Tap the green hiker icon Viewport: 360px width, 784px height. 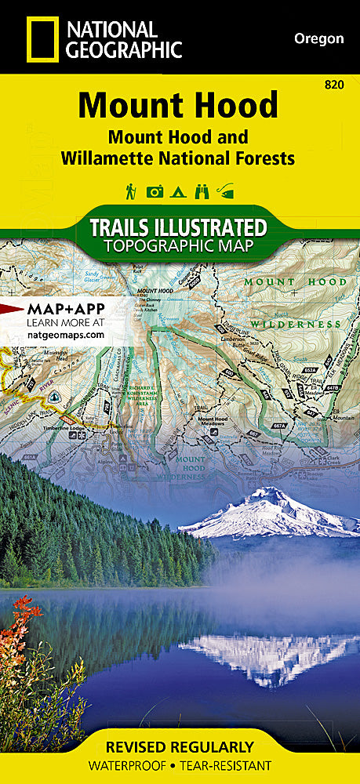pos(130,191)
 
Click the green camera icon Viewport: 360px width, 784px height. pos(155,191)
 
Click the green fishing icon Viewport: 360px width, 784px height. pos(227,191)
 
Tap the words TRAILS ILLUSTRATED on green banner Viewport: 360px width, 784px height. pos(179,228)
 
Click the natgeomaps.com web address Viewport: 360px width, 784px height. pos(65,334)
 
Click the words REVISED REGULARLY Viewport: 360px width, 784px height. pos(180,746)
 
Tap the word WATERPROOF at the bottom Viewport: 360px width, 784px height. pos(129,765)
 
